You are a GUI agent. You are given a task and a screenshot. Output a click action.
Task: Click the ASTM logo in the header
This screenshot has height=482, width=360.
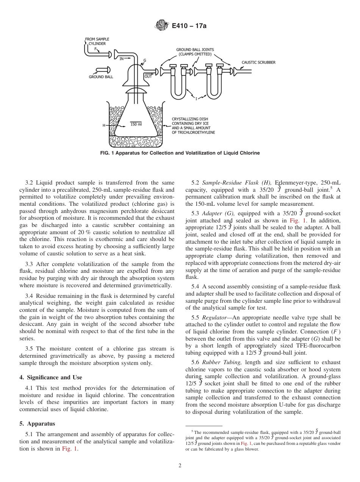coord(161,26)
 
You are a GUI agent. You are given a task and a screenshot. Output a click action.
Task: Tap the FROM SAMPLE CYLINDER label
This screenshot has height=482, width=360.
coord(97,41)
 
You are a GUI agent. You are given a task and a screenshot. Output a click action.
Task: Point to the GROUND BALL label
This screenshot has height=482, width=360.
coord(101,77)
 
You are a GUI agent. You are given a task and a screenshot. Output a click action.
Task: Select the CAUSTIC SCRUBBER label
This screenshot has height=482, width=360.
coord(258,62)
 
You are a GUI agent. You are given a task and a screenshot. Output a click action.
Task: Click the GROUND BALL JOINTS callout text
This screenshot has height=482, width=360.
coord(195,52)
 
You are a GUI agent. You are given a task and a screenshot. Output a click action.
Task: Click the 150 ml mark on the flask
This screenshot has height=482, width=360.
coord(136,124)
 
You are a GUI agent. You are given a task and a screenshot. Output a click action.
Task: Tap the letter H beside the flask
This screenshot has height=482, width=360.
coord(104,125)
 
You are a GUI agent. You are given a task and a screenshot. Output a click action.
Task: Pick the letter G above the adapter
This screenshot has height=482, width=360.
coord(145,61)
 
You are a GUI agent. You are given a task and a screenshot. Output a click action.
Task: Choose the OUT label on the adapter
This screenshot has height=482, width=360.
coord(148,77)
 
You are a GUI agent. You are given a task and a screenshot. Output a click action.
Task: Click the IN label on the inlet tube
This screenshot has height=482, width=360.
coord(122,59)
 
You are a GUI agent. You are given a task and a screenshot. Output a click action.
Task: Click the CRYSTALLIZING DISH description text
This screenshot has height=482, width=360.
coord(193,125)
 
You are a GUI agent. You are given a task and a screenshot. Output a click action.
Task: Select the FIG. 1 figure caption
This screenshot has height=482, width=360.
coord(180,153)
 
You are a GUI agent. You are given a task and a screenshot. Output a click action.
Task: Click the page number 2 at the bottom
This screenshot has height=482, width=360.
coord(180,466)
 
